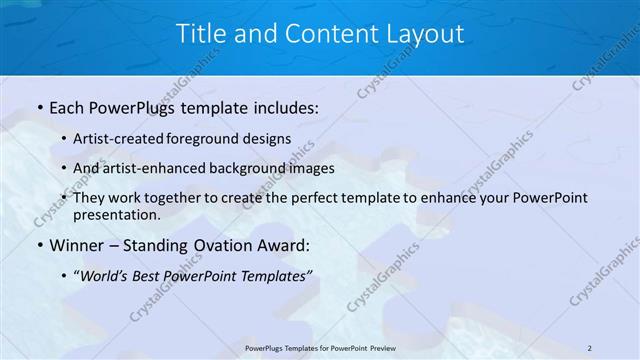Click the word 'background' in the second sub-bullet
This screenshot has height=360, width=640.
(x=265, y=168)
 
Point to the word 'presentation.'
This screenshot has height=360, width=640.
(x=117, y=215)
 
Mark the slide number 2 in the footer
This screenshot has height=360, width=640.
(x=590, y=347)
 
